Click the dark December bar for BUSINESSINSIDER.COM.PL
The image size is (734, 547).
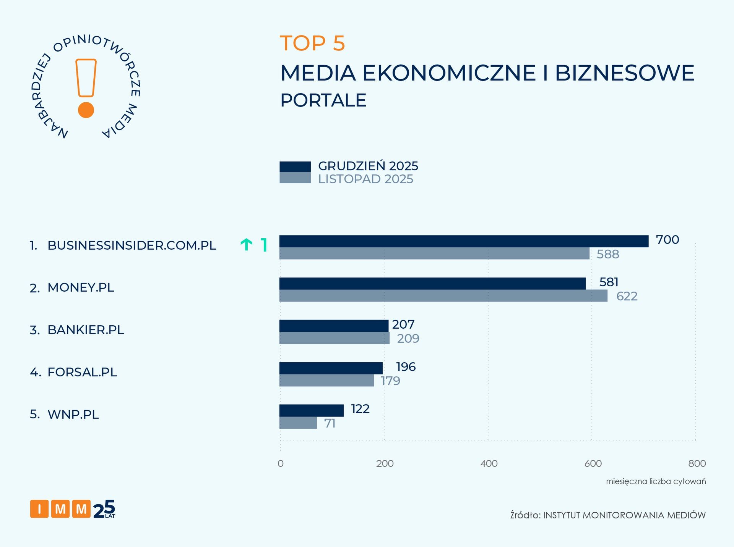(x=464, y=241)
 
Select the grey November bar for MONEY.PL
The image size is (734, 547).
(x=443, y=296)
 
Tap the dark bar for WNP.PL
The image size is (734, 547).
(x=311, y=410)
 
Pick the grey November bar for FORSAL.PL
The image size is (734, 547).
(x=326, y=381)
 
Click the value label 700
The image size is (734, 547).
(x=667, y=240)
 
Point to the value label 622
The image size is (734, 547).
(x=627, y=296)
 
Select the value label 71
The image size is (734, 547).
(x=330, y=423)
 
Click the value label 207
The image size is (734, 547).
(x=403, y=324)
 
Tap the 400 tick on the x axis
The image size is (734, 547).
(x=489, y=463)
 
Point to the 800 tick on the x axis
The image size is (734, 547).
(x=697, y=463)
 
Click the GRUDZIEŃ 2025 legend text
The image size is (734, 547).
(x=368, y=166)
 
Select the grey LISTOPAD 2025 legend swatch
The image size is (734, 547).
(x=295, y=178)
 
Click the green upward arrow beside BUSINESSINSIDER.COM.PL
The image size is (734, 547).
(x=247, y=244)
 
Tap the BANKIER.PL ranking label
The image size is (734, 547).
(x=86, y=330)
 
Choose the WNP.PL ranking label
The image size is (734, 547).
(x=73, y=414)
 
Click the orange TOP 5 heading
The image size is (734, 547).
(x=312, y=43)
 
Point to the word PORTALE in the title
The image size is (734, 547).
(x=323, y=100)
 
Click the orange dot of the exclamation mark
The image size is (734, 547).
(x=86, y=110)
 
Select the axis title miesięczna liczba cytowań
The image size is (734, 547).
(x=656, y=481)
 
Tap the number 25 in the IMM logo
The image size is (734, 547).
(x=104, y=509)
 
